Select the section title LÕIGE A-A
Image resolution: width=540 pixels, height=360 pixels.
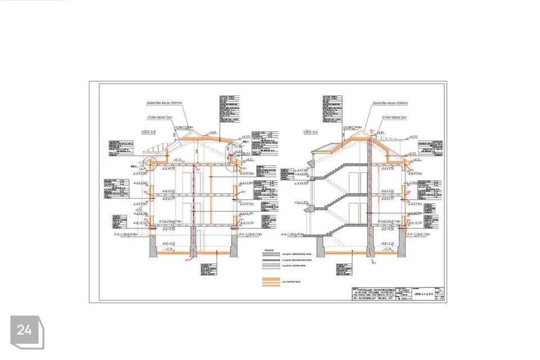pyautogui.click(x=311, y=132)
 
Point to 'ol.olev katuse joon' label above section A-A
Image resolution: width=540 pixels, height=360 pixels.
pyautogui.click(x=394, y=118)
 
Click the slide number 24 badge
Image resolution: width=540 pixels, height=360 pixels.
pyautogui.click(x=25, y=331)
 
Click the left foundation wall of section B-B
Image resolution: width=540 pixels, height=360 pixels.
pyautogui.click(x=152, y=243)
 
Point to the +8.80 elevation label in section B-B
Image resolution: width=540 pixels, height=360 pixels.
pyautogui.click(x=213, y=133)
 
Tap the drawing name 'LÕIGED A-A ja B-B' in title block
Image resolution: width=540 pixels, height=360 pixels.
pyautogui.click(x=426, y=294)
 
